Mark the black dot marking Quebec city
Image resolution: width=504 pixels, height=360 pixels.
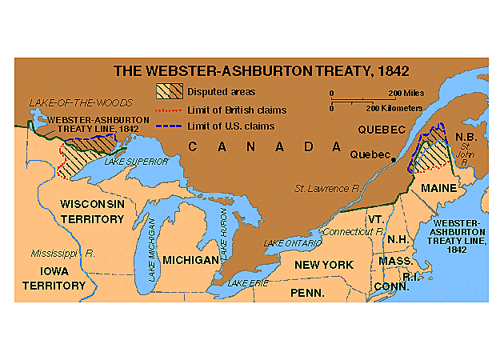pos(394,161)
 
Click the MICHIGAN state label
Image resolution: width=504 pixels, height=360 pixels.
pos(190,261)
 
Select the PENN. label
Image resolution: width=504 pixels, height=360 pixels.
pos(307,294)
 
